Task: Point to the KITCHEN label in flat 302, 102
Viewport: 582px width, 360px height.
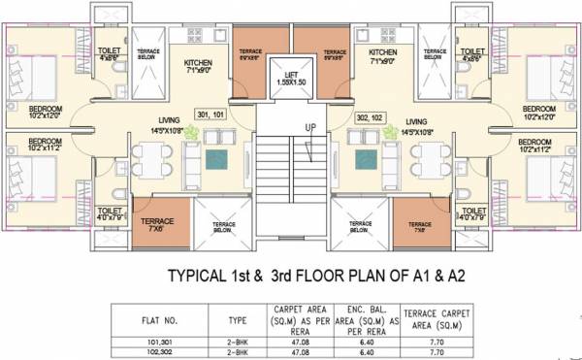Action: [x=382, y=51]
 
